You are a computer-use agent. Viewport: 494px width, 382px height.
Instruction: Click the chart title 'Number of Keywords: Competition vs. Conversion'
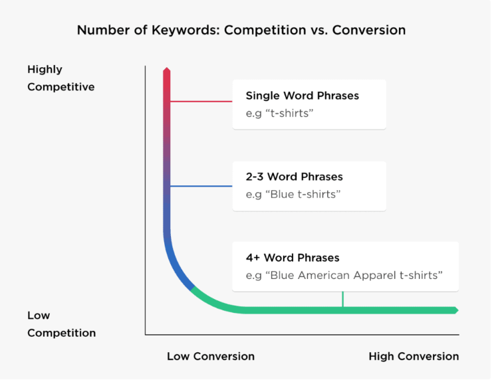241,30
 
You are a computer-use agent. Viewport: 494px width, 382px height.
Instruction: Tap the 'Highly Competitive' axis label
61,78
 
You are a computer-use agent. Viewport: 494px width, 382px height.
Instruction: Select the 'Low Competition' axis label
61,324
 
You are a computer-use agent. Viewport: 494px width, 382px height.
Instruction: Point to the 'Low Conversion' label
211,357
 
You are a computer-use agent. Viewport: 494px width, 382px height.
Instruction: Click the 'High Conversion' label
414,357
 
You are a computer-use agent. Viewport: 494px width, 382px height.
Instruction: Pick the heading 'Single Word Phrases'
302,96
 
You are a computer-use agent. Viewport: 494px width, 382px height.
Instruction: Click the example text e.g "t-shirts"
279,114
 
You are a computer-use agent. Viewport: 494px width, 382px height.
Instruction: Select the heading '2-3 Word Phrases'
294,177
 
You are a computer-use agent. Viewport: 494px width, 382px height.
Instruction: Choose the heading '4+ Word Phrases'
293,258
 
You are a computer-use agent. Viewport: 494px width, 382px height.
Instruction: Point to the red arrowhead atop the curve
167,70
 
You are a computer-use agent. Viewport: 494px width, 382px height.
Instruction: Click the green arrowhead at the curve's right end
455,310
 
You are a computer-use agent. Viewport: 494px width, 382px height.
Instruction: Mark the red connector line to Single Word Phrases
201,102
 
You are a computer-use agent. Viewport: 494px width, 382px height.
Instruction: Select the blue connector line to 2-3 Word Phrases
201,186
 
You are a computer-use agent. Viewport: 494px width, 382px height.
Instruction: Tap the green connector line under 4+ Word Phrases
342,299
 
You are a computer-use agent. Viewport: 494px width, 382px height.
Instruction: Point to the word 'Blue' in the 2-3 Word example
282,195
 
